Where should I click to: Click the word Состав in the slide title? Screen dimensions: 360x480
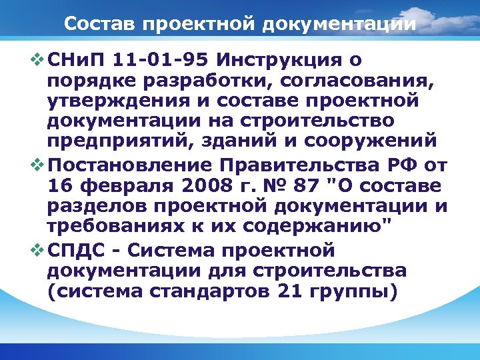pyautogui.click(x=94, y=24)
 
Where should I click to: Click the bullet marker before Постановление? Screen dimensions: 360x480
pyautogui.click(x=36, y=165)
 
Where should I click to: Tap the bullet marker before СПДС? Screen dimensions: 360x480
pyautogui.click(x=36, y=251)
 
